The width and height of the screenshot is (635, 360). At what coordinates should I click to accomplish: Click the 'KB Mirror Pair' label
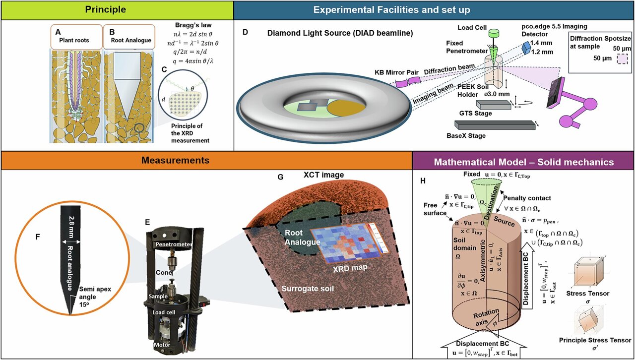pyautogui.click(x=392, y=72)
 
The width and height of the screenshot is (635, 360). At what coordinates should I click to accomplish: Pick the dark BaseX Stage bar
pyautogui.click(x=495, y=124)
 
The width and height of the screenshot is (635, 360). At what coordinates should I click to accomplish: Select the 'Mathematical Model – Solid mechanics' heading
pyautogui.click(x=524, y=162)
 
